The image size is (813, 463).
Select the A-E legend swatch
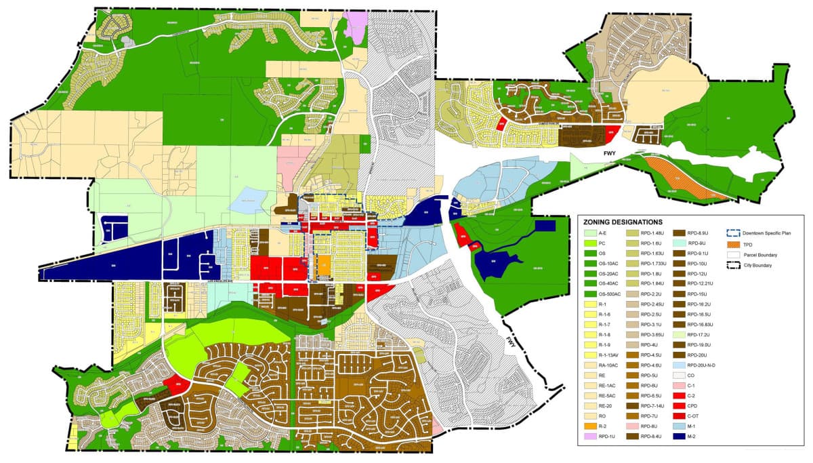(589, 233)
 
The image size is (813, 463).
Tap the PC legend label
(602, 243)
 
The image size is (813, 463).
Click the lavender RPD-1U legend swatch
(589, 437)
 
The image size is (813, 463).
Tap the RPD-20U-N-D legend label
(703, 365)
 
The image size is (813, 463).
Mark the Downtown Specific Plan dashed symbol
(733, 233)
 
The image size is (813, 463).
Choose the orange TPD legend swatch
(733, 244)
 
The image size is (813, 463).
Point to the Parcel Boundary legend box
(733, 255)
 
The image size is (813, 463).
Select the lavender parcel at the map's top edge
(356, 27)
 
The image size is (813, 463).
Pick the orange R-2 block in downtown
(324, 265)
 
